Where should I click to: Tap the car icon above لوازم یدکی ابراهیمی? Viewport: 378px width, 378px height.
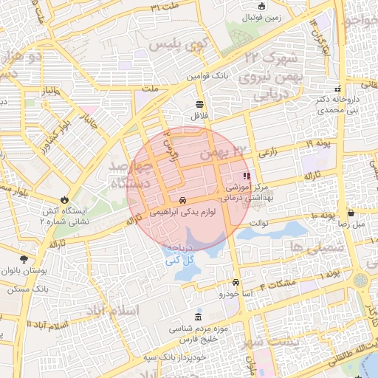coord(182,200)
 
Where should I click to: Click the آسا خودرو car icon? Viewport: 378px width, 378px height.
coord(235,283)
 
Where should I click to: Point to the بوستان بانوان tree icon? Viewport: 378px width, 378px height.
coord(24,258)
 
